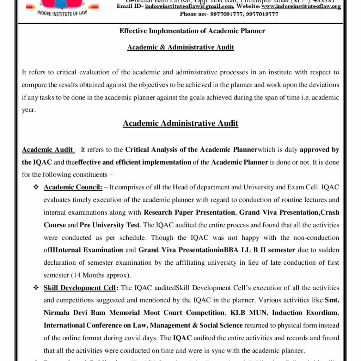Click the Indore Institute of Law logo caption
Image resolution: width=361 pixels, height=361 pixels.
(62, 14)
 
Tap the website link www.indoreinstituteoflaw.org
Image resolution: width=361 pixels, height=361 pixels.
(301, 6)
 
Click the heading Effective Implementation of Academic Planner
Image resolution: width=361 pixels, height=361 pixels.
(192, 31)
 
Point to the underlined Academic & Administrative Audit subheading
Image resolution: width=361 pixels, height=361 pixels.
(180, 47)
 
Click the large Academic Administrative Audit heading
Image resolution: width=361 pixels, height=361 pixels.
(180, 123)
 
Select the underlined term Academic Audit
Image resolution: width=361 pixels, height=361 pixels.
(48, 149)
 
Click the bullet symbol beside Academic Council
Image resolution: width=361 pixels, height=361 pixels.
(36, 187)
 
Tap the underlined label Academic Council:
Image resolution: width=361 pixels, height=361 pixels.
(73, 187)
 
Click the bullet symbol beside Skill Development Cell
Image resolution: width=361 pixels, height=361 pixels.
(36, 288)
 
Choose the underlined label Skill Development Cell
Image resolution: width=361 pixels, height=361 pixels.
(80, 288)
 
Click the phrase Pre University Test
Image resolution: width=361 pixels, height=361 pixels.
(109, 225)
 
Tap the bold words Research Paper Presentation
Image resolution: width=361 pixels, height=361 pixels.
(189, 212)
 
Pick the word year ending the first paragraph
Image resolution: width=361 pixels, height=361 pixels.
(29, 110)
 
